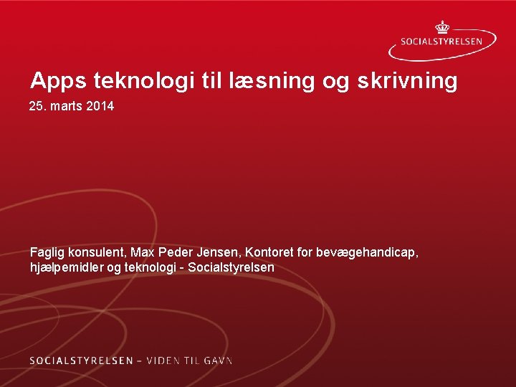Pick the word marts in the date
click(64, 107)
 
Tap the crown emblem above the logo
click(442, 27)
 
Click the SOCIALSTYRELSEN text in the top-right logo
click(446, 42)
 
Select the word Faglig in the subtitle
click(47, 253)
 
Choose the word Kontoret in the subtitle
click(269, 252)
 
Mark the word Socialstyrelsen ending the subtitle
click(233, 268)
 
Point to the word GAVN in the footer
click(219, 360)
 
